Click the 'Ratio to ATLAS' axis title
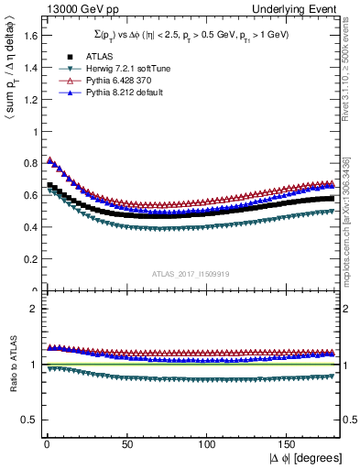[10, 365]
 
